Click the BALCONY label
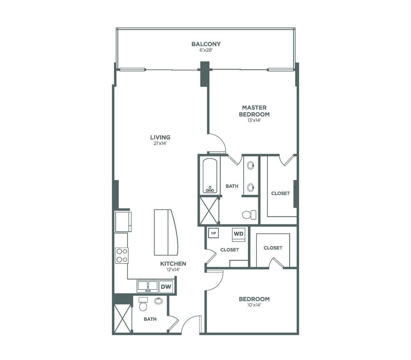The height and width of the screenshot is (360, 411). click(x=206, y=44)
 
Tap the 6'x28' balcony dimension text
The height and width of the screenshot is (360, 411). click(x=206, y=50)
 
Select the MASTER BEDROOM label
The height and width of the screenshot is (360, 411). click(x=254, y=111)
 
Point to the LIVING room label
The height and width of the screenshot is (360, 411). click(x=160, y=137)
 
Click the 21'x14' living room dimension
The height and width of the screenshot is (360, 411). click(x=160, y=143)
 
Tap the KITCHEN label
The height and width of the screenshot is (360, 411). click(x=173, y=263)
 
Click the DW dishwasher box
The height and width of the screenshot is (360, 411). click(x=166, y=286)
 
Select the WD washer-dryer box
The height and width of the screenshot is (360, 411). click(x=238, y=234)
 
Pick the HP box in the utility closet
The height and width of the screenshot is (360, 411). click(x=214, y=233)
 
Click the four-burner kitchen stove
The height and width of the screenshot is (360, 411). click(x=122, y=256)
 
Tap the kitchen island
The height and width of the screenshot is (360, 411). click(x=166, y=232)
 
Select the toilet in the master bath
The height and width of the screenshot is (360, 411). click(x=250, y=215)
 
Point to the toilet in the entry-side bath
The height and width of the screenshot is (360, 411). click(x=143, y=304)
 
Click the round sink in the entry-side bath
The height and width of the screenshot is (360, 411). click(x=158, y=301)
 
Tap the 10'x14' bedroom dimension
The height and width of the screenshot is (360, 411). click(x=254, y=305)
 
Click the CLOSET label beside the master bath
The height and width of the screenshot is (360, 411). click(x=280, y=194)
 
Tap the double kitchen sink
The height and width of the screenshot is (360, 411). click(x=148, y=286)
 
